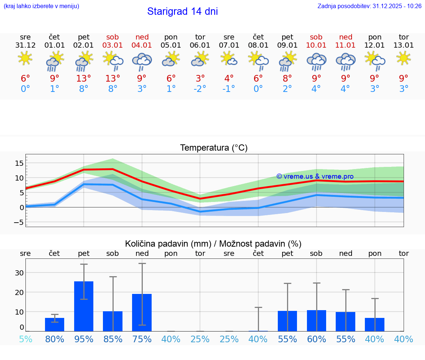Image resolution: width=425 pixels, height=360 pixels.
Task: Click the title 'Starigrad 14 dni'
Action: coord(182,11)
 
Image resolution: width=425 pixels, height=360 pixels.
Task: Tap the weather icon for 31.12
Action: coord(25,58)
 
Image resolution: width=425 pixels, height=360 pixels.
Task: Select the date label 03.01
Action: coord(113,45)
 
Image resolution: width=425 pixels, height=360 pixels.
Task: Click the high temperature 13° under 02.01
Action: coord(84,78)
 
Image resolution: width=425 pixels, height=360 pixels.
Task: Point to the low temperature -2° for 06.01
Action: coord(200,89)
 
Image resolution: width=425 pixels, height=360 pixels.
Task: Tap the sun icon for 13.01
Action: coord(404,58)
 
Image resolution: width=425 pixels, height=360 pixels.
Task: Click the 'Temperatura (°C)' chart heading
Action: coord(214,148)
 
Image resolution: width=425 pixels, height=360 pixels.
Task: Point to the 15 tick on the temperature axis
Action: coord(19,163)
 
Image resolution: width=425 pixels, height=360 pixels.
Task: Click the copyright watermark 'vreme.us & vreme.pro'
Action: coord(315,176)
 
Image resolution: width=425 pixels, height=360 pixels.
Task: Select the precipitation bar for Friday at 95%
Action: coord(84,306)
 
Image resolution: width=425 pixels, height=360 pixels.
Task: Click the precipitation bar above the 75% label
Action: coord(142,312)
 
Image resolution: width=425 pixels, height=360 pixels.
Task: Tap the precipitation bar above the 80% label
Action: coord(55,324)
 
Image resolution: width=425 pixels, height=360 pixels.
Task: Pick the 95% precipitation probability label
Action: coord(84,339)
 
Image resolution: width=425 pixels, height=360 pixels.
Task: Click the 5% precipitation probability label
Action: coord(25,339)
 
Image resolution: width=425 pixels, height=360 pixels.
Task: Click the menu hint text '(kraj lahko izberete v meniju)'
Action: coord(41,6)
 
